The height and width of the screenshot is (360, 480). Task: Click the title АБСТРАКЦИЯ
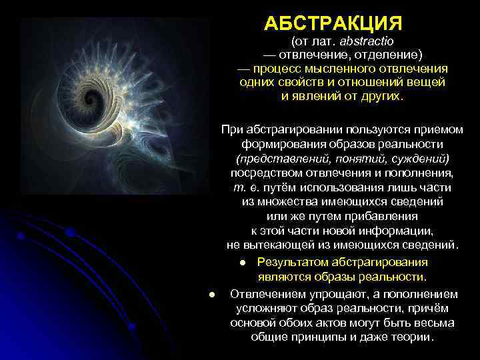click(x=333, y=24)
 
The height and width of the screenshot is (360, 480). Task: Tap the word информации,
click(x=399, y=231)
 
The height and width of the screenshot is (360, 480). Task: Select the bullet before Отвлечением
click(x=211, y=293)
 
